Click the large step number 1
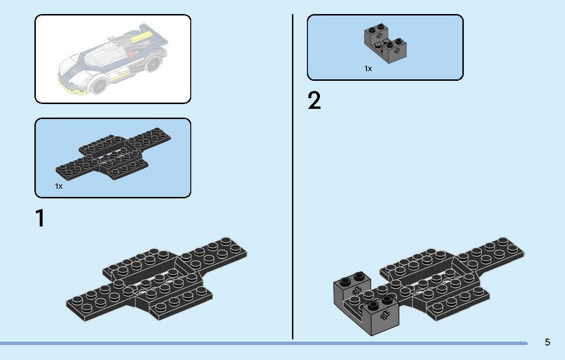click(40, 218)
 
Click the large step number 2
click(314, 101)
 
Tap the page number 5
click(547, 343)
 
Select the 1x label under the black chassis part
click(59, 186)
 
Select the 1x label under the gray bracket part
click(368, 69)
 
